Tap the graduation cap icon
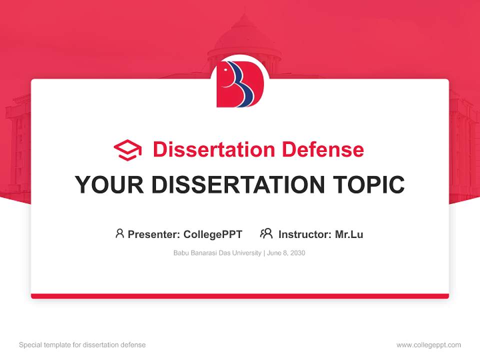pyautogui.click(x=127, y=150)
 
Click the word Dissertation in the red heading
pyautogui.click(x=213, y=149)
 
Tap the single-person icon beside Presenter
pyautogui.click(x=119, y=233)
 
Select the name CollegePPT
pyautogui.click(x=212, y=234)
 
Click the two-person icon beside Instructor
pyautogui.click(x=266, y=233)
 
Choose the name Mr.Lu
pyautogui.click(x=349, y=234)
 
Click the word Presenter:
pyautogui.click(x=154, y=234)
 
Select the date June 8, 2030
pyautogui.click(x=286, y=253)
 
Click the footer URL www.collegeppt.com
pyautogui.click(x=428, y=345)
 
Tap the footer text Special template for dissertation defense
pyautogui.click(x=82, y=345)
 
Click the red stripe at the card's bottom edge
pyautogui.click(x=240, y=296)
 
